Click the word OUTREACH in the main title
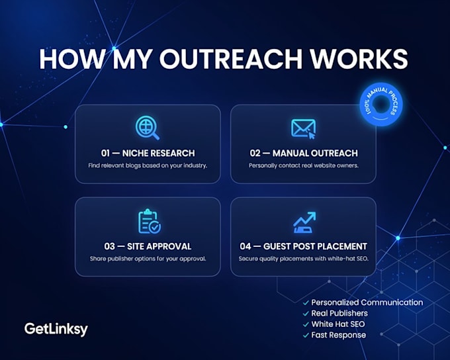(230, 59)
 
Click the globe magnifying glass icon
(148, 128)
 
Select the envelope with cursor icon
(303, 129)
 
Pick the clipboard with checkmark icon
(150, 221)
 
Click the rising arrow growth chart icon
(304, 222)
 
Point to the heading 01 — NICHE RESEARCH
(148, 154)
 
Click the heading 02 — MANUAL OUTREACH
(304, 154)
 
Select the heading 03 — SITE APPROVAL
(148, 246)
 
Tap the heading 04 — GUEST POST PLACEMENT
(303, 246)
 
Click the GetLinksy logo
(56, 329)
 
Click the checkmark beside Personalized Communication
(306, 303)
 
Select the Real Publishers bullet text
(339, 313)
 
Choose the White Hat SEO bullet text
(338, 324)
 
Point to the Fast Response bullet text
(339, 335)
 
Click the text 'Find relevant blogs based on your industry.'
(148, 165)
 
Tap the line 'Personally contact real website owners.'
(304, 165)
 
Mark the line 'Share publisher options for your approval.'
(148, 259)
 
